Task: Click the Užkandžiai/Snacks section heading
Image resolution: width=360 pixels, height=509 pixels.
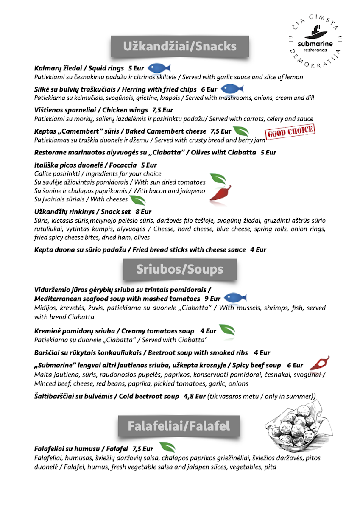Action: click(x=180, y=46)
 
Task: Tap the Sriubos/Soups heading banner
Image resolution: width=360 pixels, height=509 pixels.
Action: click(x=180, y=269)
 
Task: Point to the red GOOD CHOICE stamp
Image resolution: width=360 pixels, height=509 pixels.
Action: click(x=291, y=132)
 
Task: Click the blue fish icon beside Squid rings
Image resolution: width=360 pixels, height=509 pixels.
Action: click(x=159, y=68)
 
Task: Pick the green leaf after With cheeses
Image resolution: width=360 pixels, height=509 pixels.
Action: click(x=137, y=200)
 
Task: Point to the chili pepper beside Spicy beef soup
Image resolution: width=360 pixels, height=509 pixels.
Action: click(x=319, y=363)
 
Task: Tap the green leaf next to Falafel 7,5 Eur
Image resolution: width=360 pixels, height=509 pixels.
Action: click(x=167, y=447)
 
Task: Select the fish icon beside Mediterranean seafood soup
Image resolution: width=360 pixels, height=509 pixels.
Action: click(x=234, y=298)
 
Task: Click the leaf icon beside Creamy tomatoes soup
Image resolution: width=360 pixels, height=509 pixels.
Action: click(x=227, y=330)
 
